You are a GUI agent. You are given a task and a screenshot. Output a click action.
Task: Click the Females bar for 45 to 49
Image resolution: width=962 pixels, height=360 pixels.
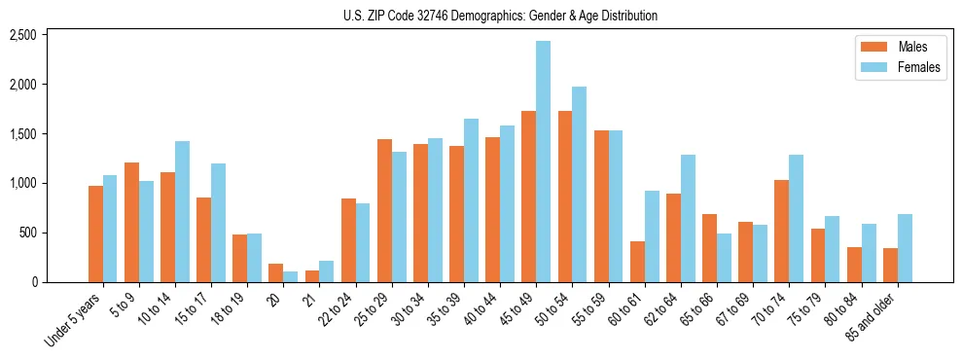click(x=543, y=162)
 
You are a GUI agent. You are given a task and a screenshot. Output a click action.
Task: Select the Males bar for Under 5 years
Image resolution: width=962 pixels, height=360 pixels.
click(x=95, y=234)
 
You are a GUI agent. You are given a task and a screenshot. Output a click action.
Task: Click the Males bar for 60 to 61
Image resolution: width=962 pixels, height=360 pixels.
click(x=637, y=262)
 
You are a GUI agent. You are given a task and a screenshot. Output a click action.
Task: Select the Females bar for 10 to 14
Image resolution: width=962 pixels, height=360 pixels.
click(x=182, y=211)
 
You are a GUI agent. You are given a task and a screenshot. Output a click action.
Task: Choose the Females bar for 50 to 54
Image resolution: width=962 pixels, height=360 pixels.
click(x=579, y=184)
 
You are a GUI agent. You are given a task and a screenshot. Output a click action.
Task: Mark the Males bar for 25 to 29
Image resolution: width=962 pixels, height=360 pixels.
click(x=384, y=210)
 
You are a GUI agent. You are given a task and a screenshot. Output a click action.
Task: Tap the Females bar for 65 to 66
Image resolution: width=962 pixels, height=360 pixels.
click(x=724, y=258)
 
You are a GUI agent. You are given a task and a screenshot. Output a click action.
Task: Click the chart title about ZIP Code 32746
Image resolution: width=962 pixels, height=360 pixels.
click(x=500, y=16)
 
